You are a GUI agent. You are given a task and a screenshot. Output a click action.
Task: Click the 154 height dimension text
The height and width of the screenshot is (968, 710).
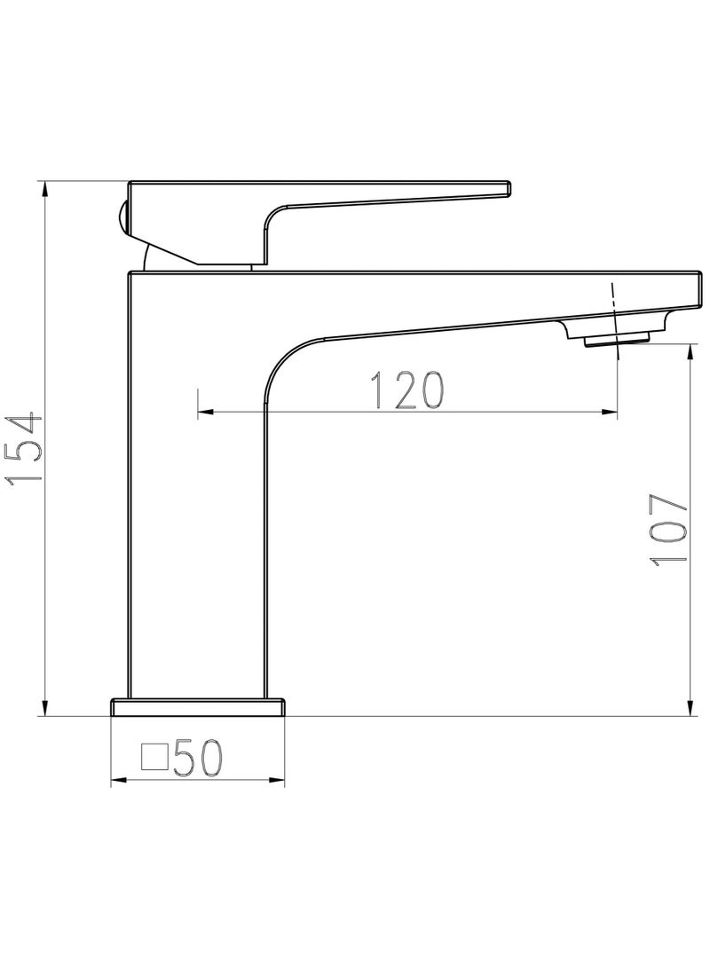(x=24, y=448)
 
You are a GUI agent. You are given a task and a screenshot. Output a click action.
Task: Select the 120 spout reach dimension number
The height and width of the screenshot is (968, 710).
(x=406, y=390)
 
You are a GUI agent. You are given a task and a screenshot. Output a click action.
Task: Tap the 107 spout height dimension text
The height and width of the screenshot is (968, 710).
(x=670, y=531)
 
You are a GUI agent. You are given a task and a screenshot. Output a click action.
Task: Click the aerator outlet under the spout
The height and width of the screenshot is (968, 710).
(x=616, y=338)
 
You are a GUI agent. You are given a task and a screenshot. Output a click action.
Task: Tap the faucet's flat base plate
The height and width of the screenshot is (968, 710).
(x=198, y=707)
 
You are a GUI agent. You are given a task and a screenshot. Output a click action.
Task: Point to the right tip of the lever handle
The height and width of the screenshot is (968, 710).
(x=509, y=189)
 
